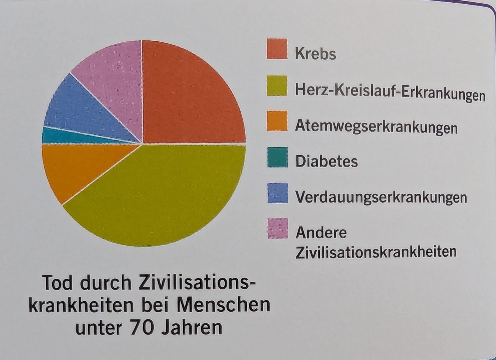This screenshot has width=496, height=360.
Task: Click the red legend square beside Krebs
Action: (277, 49)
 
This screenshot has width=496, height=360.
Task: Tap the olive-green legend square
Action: (277, 86)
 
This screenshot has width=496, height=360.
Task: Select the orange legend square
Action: (277, 121)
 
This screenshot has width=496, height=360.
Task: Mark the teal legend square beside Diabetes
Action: (277, 157)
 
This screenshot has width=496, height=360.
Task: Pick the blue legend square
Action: (277, 193)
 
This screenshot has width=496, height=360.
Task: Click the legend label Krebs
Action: (315, 54)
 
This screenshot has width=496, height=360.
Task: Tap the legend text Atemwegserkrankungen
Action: (376, 127)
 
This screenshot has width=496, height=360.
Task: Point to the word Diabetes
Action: (327, 161)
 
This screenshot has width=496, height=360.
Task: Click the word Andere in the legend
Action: (321, 232)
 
